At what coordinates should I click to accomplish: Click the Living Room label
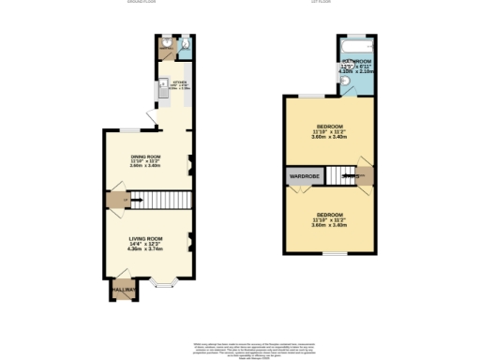tap(146, 239)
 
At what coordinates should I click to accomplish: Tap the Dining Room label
tap(145, 156)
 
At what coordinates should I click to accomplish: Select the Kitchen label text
tap(180, 82)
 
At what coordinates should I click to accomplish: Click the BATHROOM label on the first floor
tap(354, 61)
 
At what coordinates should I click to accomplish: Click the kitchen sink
tap(162, 82)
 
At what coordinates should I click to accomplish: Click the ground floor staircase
tap(159, 199)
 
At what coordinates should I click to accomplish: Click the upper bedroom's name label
tap(329, 126)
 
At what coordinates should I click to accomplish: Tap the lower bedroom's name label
tap(329, 215)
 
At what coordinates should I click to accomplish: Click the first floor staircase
tap(352, 175)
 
